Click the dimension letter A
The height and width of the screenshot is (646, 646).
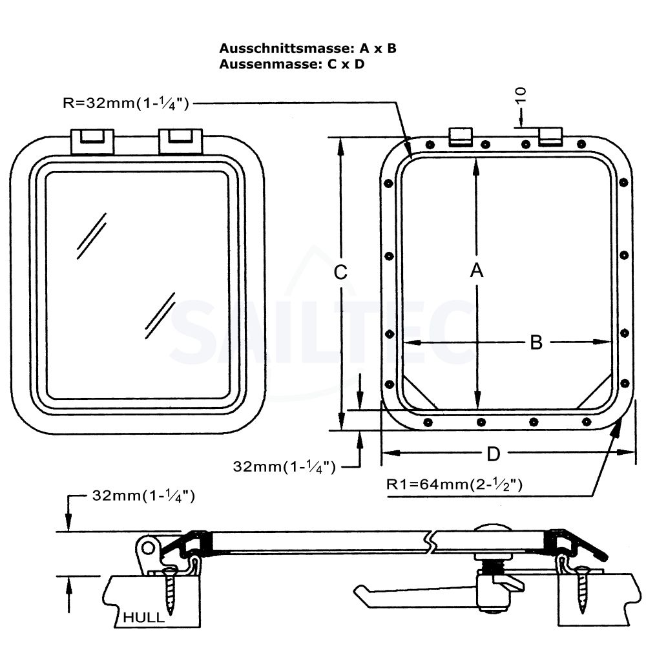[x=476, y=271]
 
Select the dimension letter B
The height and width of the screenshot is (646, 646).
[x=536, y=342]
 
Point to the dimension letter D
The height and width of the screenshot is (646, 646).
[x=493, y=455]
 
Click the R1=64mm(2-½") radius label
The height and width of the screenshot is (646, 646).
[x=453, y=484]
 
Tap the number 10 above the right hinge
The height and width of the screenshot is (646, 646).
[x=522, y=96]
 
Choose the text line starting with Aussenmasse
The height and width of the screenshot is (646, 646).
[x=291, y=65]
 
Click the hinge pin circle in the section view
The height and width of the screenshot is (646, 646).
[x=149, y=548]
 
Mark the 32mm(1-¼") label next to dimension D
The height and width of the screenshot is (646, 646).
[x=284, y=466]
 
